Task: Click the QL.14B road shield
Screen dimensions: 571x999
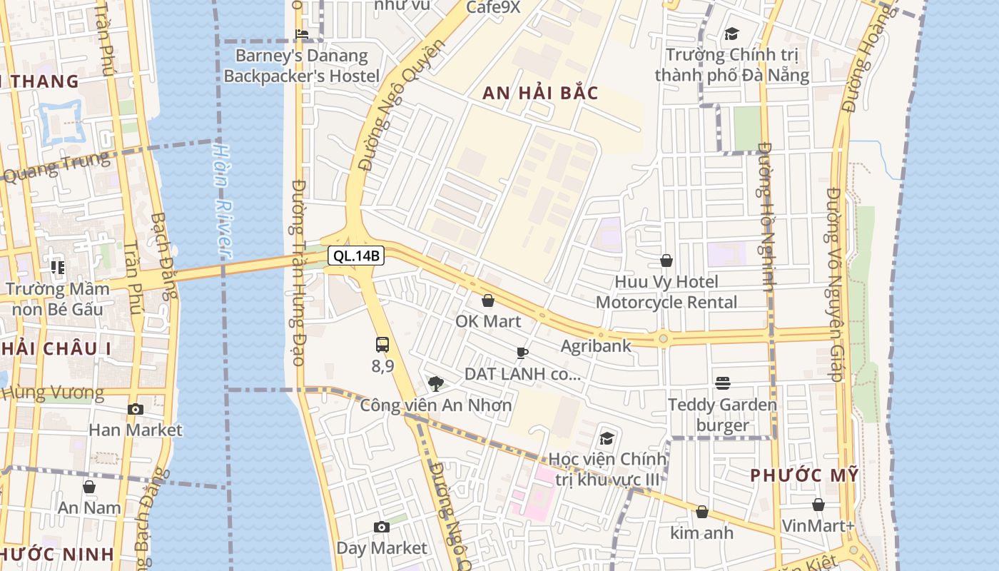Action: point(356,256)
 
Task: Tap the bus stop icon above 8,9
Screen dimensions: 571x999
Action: point(382,345)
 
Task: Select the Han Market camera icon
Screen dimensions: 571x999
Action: point(135,409)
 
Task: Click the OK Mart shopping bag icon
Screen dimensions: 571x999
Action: point(488,300)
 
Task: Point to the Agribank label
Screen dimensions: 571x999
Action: point(596,346)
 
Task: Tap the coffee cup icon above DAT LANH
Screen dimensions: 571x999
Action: point(522,353)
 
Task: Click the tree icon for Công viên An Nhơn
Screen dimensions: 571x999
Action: point(435,384)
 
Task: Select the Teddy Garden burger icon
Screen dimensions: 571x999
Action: point(723,383)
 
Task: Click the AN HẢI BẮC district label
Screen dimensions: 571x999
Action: point(540,94)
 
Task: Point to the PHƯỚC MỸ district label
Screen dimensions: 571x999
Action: point(804,475)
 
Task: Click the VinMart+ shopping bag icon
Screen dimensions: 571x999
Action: point(818,505)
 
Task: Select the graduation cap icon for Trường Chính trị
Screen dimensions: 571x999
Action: point(731,34)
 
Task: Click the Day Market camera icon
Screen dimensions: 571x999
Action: point(382,527)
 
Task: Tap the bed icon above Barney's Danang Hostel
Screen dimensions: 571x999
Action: point(302,34)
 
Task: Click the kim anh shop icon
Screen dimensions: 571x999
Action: point(701,512)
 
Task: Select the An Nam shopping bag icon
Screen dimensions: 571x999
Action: point(89,487)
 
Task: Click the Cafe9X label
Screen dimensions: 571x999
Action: point(493,7)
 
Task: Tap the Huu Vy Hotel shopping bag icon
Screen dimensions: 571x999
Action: point(666,261)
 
